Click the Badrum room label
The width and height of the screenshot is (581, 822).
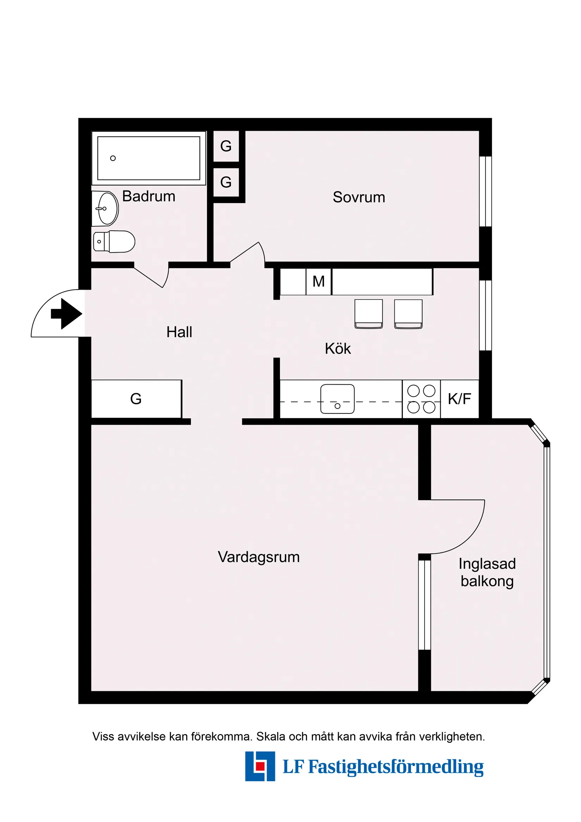(149, 196)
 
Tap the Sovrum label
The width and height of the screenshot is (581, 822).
(359, 197)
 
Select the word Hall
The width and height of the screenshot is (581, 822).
(179, 332)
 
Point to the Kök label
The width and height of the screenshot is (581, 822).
(338, 349)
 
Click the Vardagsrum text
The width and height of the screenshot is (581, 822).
(258, 557)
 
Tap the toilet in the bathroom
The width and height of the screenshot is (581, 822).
(114, 242)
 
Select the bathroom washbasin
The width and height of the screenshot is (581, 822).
(106, 208)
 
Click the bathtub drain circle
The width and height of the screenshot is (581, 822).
(113, 158)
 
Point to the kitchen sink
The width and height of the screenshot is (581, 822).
(337, 399)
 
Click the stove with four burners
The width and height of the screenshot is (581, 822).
(421, 399)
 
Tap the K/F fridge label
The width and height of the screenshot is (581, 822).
(459, 399)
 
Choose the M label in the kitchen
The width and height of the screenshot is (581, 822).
(318, 281)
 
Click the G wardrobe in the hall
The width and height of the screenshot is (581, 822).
(136, 399)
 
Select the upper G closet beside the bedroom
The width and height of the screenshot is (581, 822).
(226, 146)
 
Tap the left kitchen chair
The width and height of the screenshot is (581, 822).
(368, 313)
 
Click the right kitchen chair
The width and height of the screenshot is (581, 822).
(408, 313)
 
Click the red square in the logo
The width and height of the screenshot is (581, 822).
(260, 766)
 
